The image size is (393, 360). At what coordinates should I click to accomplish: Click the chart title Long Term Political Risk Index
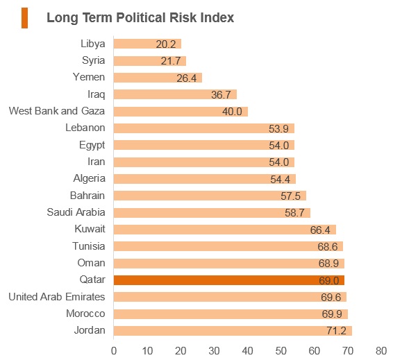point(140,18)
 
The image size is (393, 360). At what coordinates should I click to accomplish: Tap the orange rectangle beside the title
point(24,18)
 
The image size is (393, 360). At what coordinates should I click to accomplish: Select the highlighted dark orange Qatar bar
point(229,280)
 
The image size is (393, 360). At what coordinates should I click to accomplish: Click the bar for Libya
point(147,44)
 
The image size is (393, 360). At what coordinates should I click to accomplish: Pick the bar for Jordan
point(233,331)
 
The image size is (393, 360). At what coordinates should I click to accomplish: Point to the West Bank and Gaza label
point(57,111)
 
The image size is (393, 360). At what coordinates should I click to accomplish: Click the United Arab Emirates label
point(57,297)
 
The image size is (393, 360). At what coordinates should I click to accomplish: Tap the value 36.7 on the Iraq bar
point(221,95)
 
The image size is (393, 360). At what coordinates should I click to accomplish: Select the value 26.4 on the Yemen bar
point(187,78)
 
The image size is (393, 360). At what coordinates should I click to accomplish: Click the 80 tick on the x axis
point(381,351)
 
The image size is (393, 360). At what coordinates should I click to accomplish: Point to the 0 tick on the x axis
point(114,351)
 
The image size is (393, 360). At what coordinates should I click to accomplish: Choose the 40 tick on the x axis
point(247,351)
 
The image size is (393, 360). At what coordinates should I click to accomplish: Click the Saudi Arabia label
point(76,212)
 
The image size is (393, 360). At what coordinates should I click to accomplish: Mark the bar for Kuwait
point(225,230)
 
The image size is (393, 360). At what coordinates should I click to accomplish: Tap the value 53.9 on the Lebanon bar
point(278,129)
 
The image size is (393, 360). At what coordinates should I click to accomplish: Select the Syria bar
point(150,61)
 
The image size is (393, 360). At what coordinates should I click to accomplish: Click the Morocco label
point(85,314)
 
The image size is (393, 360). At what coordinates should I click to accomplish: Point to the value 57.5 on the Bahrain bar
point(290,196)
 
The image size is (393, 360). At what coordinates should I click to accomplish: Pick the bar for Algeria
point(205,179)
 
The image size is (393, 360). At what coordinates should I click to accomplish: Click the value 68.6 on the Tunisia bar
point(328,247)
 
